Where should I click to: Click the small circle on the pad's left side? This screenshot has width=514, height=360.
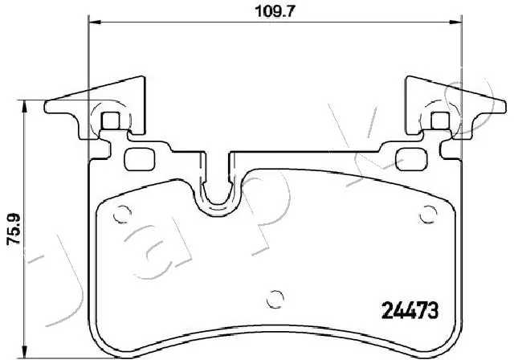[x=123, y=215]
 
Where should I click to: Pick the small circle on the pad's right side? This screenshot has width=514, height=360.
[x=427, y=215]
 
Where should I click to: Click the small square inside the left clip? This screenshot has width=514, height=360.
[x=113, y=121]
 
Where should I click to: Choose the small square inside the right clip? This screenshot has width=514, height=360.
[x=439, y=121]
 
